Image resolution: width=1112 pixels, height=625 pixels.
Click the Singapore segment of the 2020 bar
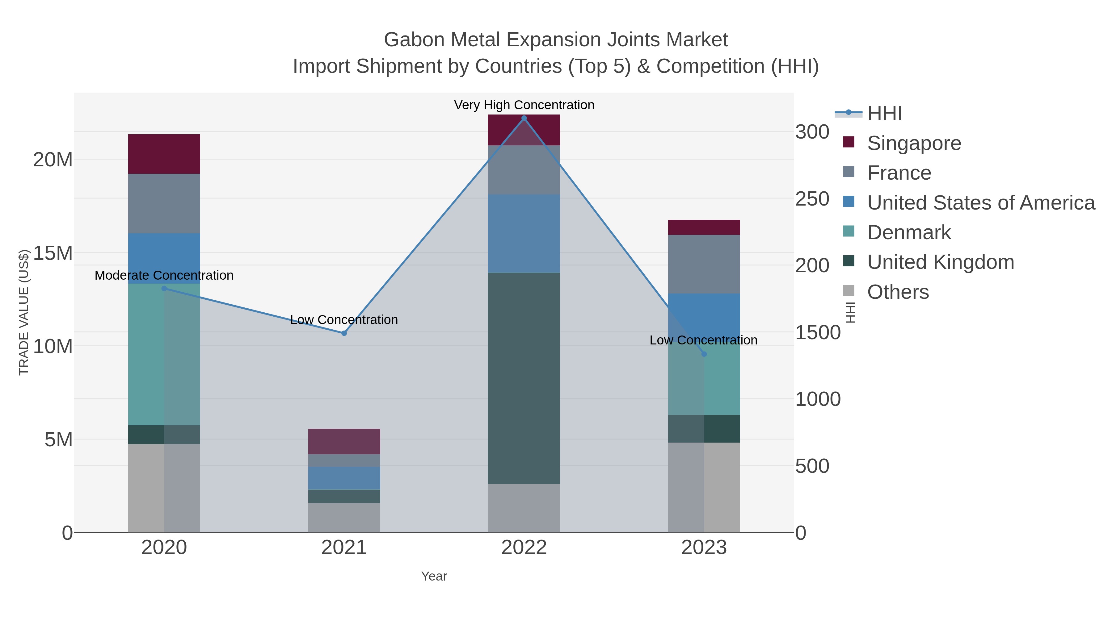pyautogui.click(x=164, y=154)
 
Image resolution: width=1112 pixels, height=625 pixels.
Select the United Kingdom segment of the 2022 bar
pyautogui.click(x=524, y=378)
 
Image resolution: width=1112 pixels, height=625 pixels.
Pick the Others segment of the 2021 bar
pyautogui.click(x=344, y=517)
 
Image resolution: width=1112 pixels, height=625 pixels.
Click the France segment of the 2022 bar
pyautogui.click(x=524, y=170)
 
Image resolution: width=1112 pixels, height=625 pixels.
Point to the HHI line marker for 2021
pyautogui.click(x=344, y=333)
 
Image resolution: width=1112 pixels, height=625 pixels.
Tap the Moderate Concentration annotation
pyautogui.click(x=164, y=275)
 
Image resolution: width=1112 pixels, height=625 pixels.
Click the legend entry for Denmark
pyautogui.click(x=909, y=232)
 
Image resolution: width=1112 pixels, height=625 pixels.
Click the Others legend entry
pyautogui.click(x=898, y=292)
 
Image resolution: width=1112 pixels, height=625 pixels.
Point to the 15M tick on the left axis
pyautogui.click(x=53, y=253)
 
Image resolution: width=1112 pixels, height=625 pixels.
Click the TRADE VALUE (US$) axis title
pyautogui.click(x=24, y=312)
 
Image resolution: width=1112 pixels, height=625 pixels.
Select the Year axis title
pyautogui.click(x=434, y=576)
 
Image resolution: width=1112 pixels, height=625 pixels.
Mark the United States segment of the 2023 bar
pyautogui.click(x=704, y=315)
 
